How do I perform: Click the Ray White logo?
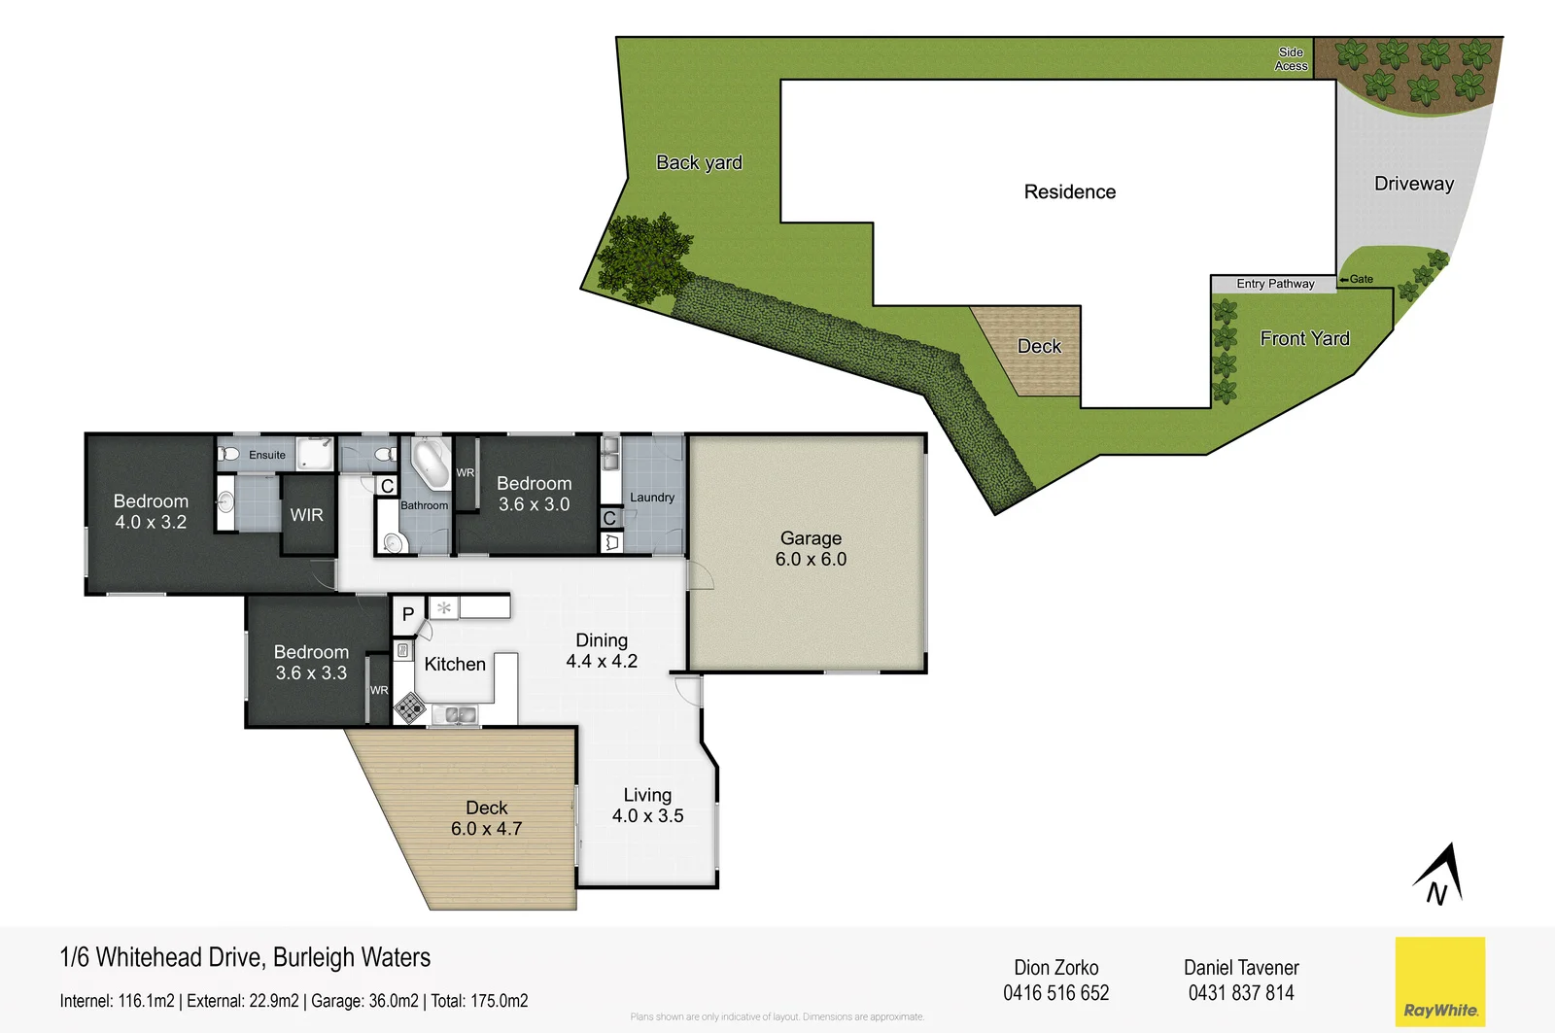(1439, 981)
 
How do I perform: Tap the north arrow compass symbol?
(1440, 875)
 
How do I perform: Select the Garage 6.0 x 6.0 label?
(811, 549)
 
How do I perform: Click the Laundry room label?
(651, 498)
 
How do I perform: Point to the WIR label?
(306, 515)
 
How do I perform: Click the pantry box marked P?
(408, 614)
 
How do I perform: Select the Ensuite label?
(267, 455)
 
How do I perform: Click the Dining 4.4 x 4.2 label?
(602, 651)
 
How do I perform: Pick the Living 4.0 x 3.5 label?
(647, 806)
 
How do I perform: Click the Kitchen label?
(455, 665)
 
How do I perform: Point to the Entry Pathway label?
(1275, 284)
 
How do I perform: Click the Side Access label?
(1291, 59)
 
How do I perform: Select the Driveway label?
(1413, 184)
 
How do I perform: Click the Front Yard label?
(1304, 338)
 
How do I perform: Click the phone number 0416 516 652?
(1055, 993)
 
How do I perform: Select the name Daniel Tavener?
(1241, 968)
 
